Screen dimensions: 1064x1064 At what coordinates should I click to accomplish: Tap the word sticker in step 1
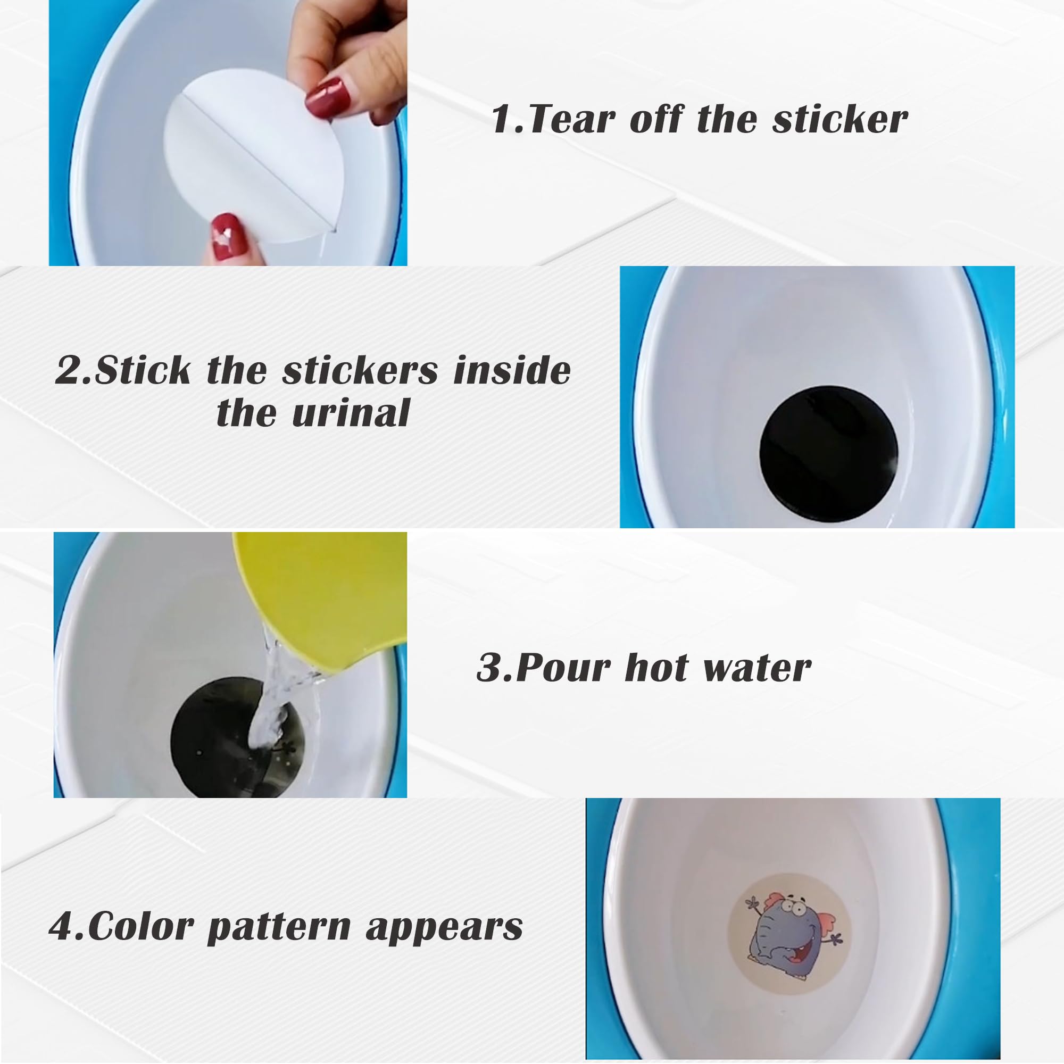pyautogui.click(x=839, y=120)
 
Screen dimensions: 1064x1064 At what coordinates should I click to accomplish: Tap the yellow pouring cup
pyautogui.click(x=319, y=595)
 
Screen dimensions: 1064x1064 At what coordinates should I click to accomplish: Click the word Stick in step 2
pyautogui.click(x=143, y=370)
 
